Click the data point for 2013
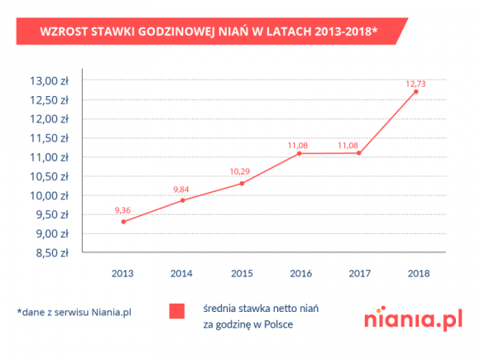coord(123,221)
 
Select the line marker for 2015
coord(242,183)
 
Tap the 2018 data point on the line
coord(415,91)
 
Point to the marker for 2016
coord(300,153)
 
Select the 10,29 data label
coord(241,171)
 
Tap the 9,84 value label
coord(182,190)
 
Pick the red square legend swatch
coord(176,312)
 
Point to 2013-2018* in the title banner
coord(339,32)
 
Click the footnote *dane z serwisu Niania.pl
coord(74,312)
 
